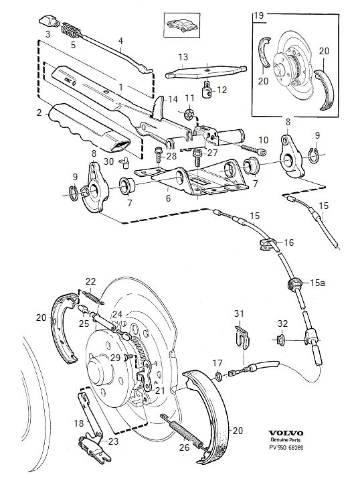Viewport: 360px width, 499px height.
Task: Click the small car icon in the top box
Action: click(182, 25)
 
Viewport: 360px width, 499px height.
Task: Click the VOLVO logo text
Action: click(286, 433)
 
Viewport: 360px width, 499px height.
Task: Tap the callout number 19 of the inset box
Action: click(260, 15)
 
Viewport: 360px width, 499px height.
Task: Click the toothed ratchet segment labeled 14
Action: click(158, 109)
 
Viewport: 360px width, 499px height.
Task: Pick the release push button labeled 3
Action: click(48, 21)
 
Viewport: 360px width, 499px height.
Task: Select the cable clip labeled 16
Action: click(265, 244)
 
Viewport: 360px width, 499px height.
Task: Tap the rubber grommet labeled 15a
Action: click(294, 283)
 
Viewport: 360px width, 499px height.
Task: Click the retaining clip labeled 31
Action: click(242, 338)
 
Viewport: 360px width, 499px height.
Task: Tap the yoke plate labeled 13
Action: click(206, 72)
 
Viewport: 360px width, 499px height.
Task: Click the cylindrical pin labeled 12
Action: click(207, 90)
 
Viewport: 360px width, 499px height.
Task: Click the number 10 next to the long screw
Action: click(264, 140)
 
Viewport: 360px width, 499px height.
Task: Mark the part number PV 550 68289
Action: click(286, 447)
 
